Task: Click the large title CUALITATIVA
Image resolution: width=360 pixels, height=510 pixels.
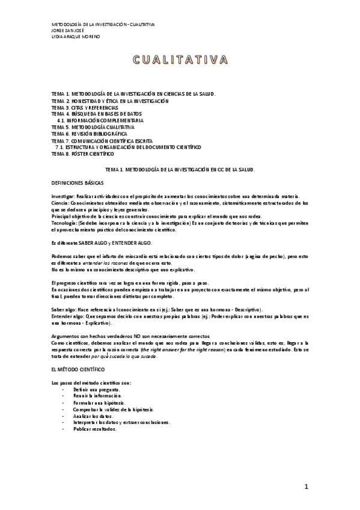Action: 180,60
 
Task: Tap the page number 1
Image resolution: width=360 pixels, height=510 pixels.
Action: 306,486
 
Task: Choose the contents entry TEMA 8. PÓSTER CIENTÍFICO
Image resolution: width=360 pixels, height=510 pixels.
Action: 82,154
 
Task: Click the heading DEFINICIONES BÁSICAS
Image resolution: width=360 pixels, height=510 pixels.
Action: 78,181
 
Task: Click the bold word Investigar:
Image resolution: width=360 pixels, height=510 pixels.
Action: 63,197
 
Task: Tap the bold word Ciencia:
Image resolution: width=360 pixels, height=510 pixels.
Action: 61,203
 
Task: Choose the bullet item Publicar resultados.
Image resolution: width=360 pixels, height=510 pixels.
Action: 94,429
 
